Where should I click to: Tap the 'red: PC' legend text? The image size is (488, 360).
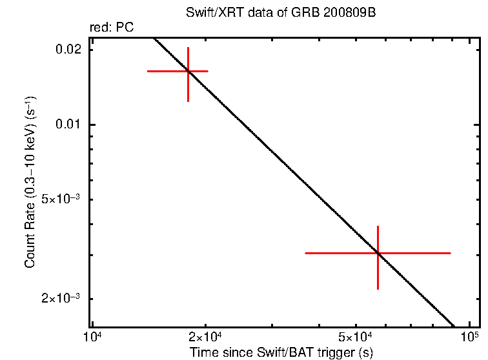[112, 28]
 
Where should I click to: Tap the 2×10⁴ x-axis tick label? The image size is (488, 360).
[206, 337]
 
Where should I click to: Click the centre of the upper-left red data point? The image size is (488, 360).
[188, 71]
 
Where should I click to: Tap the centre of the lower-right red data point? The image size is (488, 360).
[378, 253]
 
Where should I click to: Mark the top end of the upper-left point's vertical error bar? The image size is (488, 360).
[188, 48]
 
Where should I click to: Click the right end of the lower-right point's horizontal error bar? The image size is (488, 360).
[450, 253]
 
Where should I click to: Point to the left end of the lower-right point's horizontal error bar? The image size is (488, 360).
[305, 253]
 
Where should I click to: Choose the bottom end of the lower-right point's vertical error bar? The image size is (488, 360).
[378, 289]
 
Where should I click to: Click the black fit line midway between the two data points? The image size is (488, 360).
[283, 162]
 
